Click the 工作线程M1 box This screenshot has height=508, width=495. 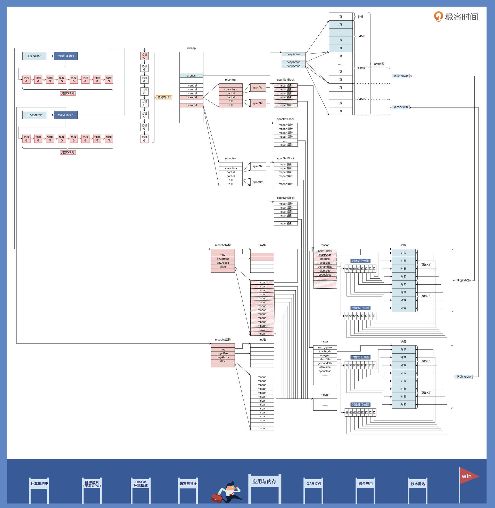[34, 56]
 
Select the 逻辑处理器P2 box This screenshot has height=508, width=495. [65, 115]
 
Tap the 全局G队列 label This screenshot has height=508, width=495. [164, 97]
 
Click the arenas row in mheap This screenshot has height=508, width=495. [191, 76]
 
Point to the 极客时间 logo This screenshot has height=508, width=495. [456, 17]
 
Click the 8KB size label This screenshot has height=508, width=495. [360, 17]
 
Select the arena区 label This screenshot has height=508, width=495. [379, 64]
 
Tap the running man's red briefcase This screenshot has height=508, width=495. [217, 498]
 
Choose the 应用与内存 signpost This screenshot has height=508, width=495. [264, 481]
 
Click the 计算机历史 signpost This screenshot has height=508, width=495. [39, 483]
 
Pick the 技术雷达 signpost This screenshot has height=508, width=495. [417, 484]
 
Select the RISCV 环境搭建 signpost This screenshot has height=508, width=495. [141, 483]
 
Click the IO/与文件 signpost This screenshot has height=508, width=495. [313, 483]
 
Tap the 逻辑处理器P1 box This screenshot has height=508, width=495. [65, 56]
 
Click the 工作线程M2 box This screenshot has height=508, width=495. [34, 115]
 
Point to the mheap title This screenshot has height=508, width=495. [191, 48]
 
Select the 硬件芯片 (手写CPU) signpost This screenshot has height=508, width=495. [92, 484]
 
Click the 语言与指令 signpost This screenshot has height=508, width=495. [188, 483]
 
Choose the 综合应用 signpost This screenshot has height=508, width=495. [365, 483]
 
